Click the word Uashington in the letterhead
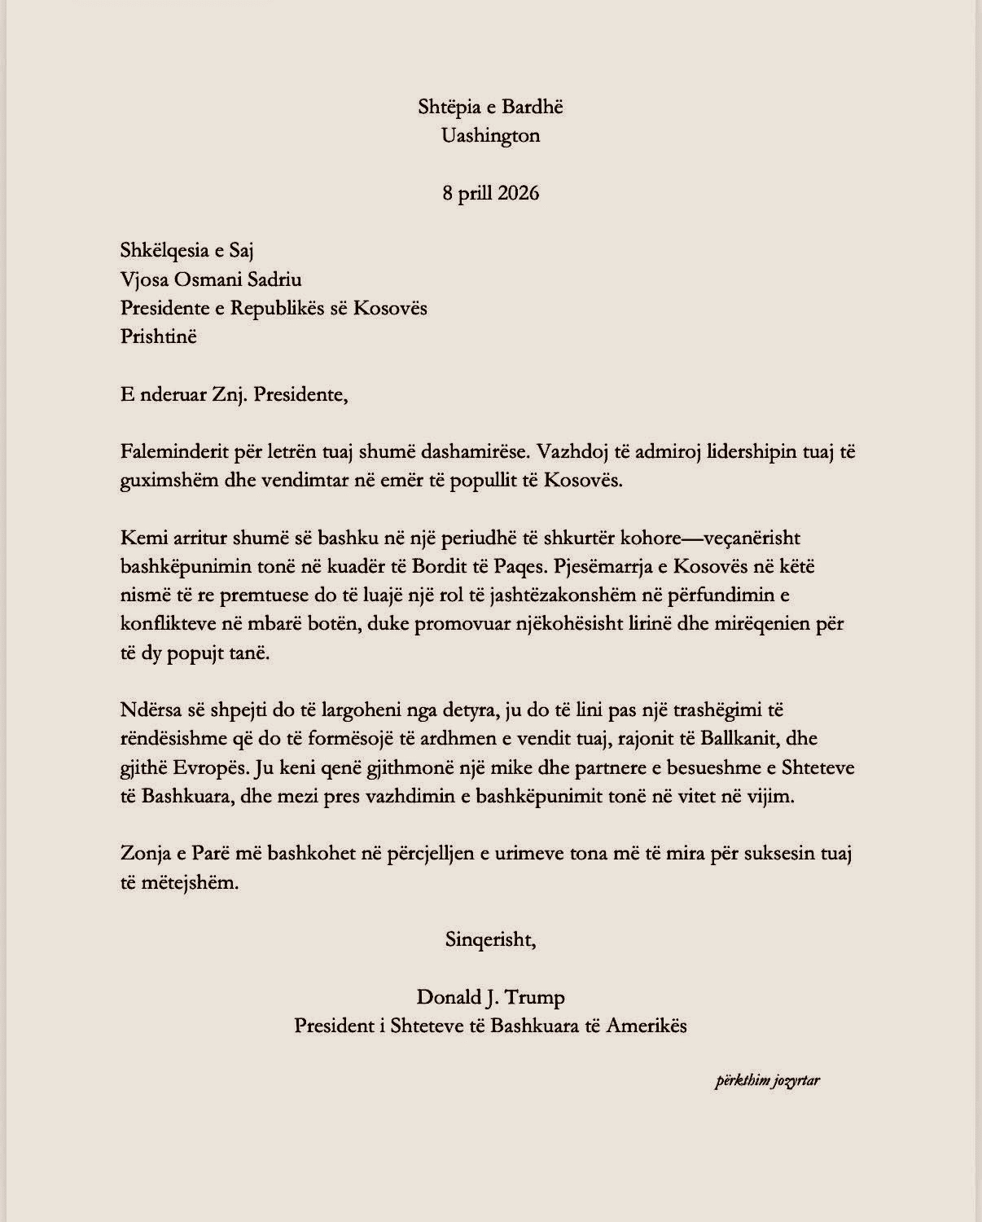tap(490, 136)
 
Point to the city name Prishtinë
tap(158, 336)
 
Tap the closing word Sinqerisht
tap(490, 940)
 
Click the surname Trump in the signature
tap(537, 997)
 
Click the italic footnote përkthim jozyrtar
tap(767, 1081)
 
